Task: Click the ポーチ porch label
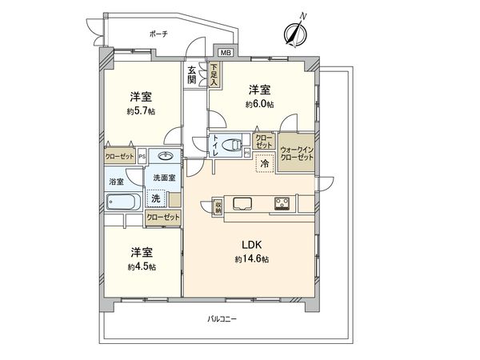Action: click(x=158, y=34)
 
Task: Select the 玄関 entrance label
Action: click(x=192, y=75)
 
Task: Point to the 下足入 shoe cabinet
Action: click(x=214, y=74)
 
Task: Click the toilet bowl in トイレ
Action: click(x=231, y=145)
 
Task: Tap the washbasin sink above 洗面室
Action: click(x=166, y=157)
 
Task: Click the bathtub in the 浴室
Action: click(x=123, y=202)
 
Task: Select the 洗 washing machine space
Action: click(x=156, y=198)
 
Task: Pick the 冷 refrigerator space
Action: click(x=264, y=163)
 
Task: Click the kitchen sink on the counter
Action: click(x=242, y=203)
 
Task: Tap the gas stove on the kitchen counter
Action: click(x=282, y=203)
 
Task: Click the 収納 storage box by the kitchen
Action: click(x=218, y=206)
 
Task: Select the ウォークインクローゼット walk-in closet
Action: click(x=297, y=153)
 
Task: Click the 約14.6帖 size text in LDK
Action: click(x=252, y=259)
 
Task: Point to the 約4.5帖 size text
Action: click(x=142, y=267)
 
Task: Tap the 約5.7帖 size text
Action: click(x=141, y=111)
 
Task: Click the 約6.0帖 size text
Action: click(x=259, y=104)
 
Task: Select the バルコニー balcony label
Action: click(x=222, y=319)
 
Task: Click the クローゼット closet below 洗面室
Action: click(x=163, y=218)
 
